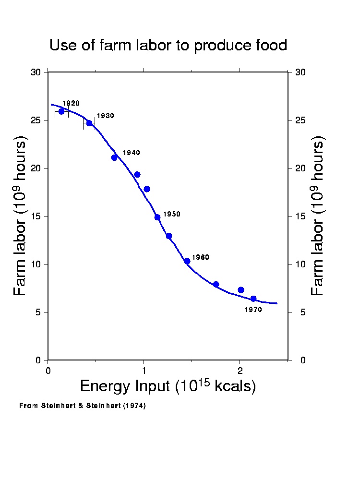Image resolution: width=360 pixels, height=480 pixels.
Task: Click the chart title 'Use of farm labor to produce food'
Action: (168, 46)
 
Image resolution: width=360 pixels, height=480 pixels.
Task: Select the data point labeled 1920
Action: (61, 111)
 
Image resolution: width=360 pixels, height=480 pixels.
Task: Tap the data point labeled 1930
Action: (89, 123)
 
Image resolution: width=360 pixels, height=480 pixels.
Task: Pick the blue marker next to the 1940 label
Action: (114, 157)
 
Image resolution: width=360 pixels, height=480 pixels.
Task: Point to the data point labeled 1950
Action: (157, 217)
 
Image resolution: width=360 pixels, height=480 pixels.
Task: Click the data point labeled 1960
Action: (187, 261)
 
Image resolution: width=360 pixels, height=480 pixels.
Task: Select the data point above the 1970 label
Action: (253, 299)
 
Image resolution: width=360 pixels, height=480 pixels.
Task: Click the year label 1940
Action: (132, 153)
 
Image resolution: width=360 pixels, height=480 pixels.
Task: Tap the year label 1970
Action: (253, 310)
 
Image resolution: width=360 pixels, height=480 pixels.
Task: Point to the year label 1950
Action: (172, 214)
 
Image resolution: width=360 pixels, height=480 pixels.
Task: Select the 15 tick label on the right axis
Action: (301, 216)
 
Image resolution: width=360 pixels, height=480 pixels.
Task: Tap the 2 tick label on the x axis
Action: (240, 370)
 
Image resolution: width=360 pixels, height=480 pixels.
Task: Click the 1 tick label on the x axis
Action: (144, 370)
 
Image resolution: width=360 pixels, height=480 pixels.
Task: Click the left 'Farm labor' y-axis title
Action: (20, 216)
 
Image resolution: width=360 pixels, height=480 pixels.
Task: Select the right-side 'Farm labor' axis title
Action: (318, 216)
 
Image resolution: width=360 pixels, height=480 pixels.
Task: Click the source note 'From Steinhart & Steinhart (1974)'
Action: (82, 406)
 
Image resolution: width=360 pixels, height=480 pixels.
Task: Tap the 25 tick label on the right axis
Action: (301, 120)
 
